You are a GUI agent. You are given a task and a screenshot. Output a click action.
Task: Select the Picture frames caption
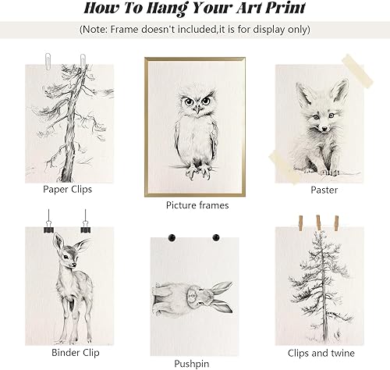[197, 205]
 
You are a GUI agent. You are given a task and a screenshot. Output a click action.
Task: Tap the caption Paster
[324, 189]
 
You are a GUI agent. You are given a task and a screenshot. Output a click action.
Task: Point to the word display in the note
[268, 29]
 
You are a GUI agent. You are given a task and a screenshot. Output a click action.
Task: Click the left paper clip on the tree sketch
[48, 56]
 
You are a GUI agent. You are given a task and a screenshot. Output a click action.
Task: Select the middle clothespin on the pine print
[319, 222]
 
